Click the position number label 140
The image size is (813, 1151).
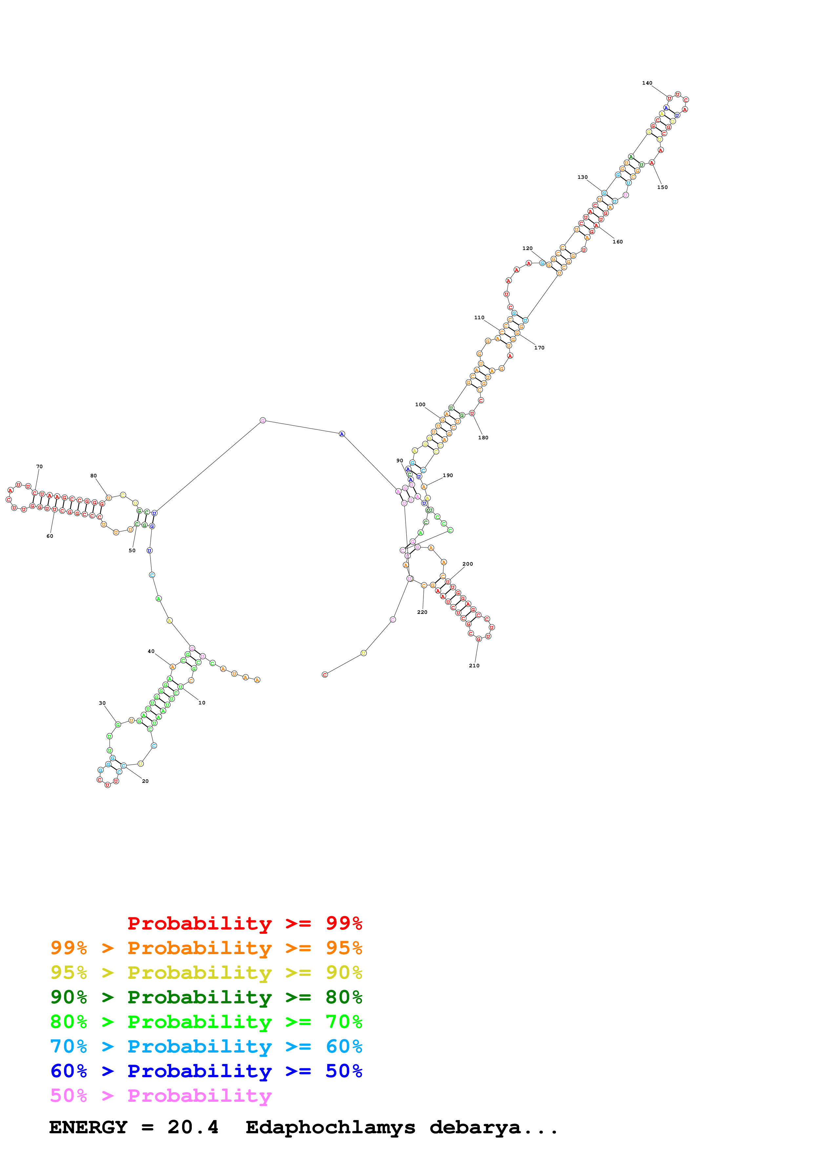647,83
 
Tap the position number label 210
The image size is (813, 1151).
474,666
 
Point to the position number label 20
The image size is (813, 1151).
145,781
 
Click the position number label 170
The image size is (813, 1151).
539,348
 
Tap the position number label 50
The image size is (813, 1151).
132,551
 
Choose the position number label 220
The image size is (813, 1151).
422,612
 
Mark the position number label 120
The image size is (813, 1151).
527,249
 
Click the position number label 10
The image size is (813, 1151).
202,703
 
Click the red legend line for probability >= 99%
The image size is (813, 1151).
244,923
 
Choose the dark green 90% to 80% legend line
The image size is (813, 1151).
206,997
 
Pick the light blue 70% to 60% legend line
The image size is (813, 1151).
206,1046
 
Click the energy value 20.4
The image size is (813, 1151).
193,1127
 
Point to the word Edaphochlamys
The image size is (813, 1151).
330,1128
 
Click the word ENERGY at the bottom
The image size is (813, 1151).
88,1127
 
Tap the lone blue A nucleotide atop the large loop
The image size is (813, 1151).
342,434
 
